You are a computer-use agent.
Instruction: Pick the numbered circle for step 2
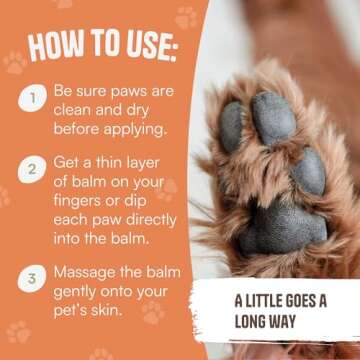pyautogui.click(x=33, y=171)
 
